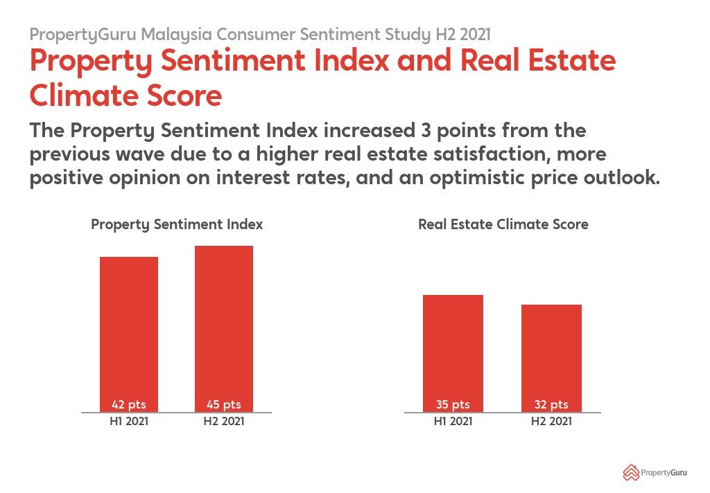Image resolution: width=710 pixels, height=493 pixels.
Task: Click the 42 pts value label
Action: coord(129,405)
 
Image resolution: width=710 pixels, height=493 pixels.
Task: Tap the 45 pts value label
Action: coord(224,405)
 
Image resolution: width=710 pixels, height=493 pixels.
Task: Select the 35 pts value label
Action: coord(453,405)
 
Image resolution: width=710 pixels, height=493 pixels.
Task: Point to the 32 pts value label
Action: coord(551,405)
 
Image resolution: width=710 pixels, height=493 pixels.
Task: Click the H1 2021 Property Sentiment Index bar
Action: coord(129,325)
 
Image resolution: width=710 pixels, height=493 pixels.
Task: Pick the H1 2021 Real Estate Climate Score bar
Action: coord(453,346)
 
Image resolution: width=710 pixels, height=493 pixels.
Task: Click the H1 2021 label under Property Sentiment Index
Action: coord(129,421)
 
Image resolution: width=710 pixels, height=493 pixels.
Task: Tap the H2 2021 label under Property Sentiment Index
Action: coord(224,421)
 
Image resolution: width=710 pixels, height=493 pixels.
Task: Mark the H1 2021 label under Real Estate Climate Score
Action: coord(453,421)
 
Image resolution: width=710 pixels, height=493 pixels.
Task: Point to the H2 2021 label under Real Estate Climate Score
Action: coord(551,421)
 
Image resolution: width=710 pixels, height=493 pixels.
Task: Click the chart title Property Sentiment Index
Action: coord(177,225)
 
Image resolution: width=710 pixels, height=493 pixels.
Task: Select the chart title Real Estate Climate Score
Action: coord(503,225)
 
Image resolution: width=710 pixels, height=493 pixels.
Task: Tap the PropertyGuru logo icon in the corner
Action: coord(630,472)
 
